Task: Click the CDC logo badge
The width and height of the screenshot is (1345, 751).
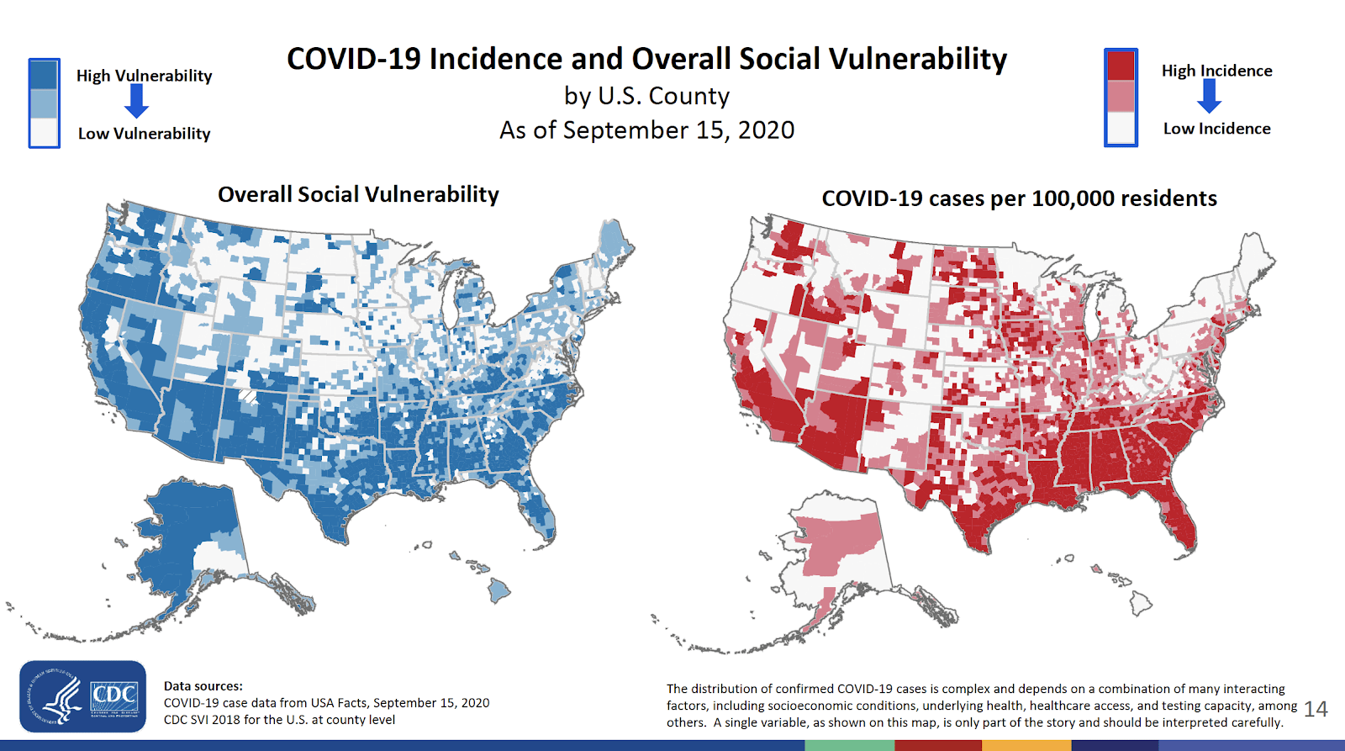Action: click(82, 696)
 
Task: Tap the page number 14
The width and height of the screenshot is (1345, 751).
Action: click(1316, 709)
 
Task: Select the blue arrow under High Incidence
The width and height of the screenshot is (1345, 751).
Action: click(1209, 97)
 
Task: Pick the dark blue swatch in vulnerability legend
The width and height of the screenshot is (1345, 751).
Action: click(44, 75)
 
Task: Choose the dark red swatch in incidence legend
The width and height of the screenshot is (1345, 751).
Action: click(1121, 66)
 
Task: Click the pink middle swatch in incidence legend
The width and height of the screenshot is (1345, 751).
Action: click(1121, 97)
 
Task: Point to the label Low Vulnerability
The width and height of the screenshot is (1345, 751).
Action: click(144, 134)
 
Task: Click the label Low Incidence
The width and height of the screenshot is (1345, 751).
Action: click(1216, 129)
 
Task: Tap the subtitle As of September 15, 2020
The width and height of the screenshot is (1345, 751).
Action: click(646, 130)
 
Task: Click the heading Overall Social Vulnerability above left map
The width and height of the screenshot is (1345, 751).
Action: click(358, 194)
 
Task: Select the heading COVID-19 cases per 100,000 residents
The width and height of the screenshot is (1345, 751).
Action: click(1019, 198)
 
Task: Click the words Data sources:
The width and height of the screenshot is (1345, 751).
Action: click(203, 686)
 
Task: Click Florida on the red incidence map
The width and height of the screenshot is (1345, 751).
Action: click(1179, 521)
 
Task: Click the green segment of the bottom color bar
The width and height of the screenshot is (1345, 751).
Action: click(849, 745)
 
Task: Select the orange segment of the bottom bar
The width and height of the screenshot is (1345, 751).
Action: click(1026, 745)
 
